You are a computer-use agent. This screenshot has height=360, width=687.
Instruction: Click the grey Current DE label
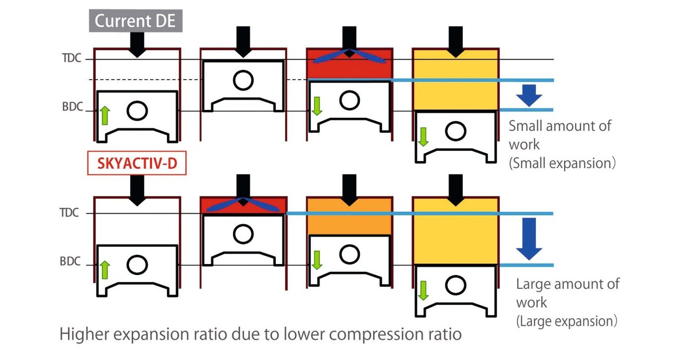[136, 22]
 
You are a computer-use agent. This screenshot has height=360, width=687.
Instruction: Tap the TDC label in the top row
[70, 59]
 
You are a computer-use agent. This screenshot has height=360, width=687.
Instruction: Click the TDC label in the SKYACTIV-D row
[70, 213]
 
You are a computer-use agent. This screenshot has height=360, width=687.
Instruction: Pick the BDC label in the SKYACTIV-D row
[70, 262]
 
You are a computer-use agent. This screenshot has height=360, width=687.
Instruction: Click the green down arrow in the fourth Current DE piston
[423, 137]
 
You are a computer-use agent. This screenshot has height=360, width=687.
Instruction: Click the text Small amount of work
[559, 134]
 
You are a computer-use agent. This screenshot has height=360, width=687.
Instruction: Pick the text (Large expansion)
[567, 321]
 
